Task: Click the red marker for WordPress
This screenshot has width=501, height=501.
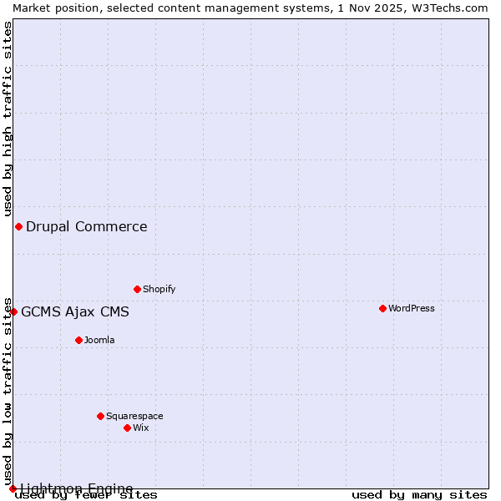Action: click(382, 308)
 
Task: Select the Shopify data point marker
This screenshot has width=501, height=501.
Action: click(137, 289)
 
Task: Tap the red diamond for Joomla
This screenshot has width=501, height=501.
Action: click(78, 340)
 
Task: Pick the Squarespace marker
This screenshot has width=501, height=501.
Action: click(100, 416)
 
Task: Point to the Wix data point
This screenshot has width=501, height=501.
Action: click(127, 428)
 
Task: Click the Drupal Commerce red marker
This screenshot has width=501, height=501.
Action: click(18, 226)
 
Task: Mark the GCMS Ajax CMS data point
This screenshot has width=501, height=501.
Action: click(13, 311)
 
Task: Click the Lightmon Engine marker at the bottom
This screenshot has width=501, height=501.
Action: click(13, 488)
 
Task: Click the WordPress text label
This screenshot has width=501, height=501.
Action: click(411, 308)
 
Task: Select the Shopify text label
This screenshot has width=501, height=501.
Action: click(159, 289)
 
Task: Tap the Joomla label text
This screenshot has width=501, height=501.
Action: click(99, 340)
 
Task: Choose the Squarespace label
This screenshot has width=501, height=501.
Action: click(134, 416)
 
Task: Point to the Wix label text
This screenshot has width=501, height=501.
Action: click(140, 428)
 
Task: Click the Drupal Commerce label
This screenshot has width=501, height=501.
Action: click(87, 226)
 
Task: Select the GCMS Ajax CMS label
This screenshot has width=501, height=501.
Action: click(75, 312)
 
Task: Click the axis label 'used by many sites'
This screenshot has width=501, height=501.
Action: click(419, 495)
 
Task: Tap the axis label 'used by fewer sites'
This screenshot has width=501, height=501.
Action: click(87, 495)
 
